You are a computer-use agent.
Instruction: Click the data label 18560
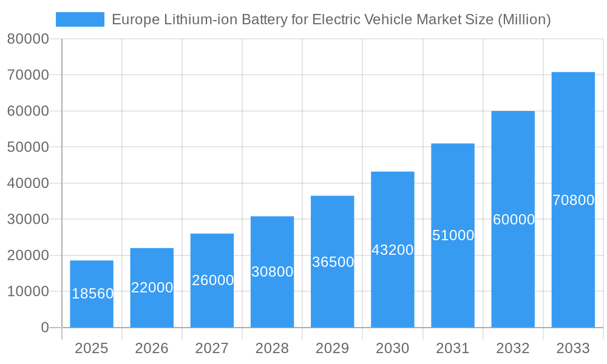pyautogui.click(x=92, y=294)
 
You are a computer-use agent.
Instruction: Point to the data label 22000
pyautogui.click(x=152, y=288)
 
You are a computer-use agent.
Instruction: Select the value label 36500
pyautogui.click(x=333, y=262)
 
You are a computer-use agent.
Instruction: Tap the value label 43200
pyautogui.click(x=392, y=249)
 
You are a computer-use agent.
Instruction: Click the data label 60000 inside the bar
pyautogui.click(x=514, y=220)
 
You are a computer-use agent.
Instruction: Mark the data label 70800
pyautogui.click(x=573, y=200)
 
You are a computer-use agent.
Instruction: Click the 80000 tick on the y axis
pyautogui.click(x=28, y=39)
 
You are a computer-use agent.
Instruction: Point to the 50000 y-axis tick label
pyautogui.click(x=28, y=147)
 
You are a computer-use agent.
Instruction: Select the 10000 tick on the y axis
pyautogui.click(x=28, y=292)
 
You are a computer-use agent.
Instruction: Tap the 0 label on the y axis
pyautogui.click(x=45, y=328)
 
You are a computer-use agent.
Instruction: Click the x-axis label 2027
pyautogui.click(x=212, y=348)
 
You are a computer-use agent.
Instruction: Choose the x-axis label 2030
pyautogui.click(x=392, y=348)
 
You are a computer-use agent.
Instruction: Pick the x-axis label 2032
pyautogui.click(x=513, y=348)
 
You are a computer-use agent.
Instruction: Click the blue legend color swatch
pyautogui.click(x=80, y=19)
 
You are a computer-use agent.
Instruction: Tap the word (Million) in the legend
pyautogui.click(x=524, y=19)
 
